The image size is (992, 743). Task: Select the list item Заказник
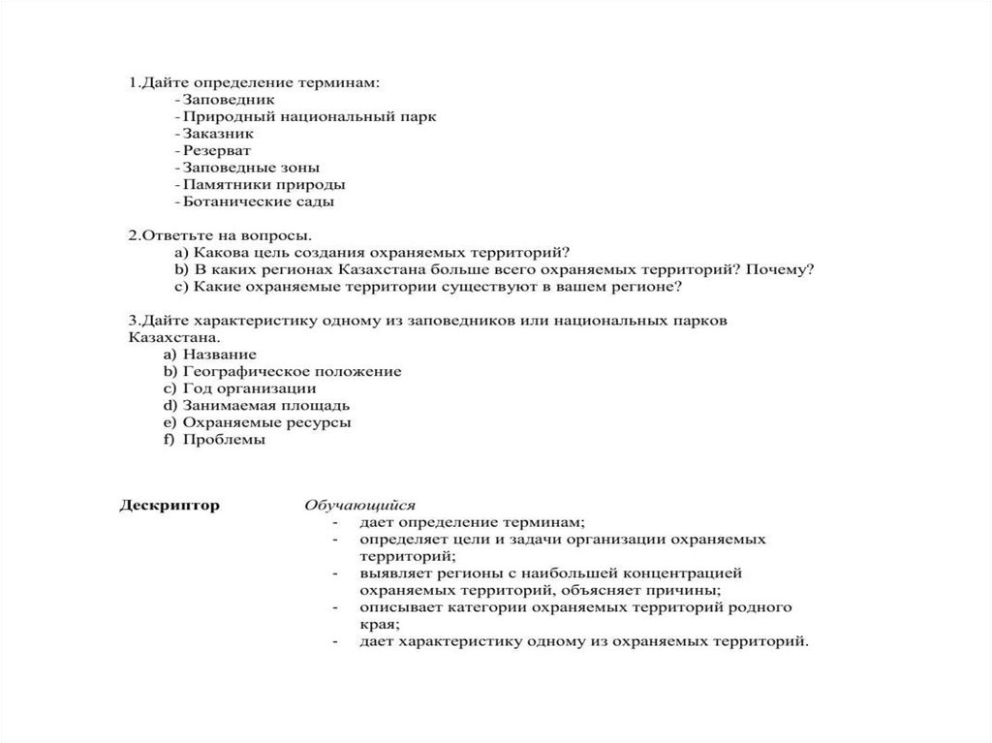click(x=218, y=134)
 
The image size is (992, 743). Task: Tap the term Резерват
click(x=216, y=150)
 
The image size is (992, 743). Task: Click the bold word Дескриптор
click(x=170, y=505)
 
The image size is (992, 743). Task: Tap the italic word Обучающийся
click(x=359, y=505)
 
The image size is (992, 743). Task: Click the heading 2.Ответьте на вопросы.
click(x=220, y=235)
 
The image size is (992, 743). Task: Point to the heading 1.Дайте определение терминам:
click(x=254, y=81)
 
